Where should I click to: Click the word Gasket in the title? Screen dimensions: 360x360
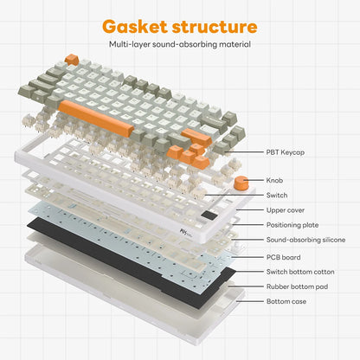pyautogui.click(x=135, y=27)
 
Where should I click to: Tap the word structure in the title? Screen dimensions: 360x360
pyautogui.click(x=215, y=27)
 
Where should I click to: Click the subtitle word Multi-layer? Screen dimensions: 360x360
pyautogui.click(x=129, y=44)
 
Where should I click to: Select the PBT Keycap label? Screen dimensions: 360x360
pyautogui.click(x=286, y=152)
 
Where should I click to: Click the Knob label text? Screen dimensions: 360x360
pyautogui.click(x=274, y=180)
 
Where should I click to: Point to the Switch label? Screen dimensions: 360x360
pyautogui.click(x=277, y=196)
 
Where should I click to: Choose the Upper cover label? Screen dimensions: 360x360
pyautogui.click(x=286, y=210)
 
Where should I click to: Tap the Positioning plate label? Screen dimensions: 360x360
pyautogui.click(x=292, y=225)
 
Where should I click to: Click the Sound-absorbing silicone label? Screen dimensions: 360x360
pyautogui.click(x=305, y=240)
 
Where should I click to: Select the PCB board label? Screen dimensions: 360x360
pyautogui.click(x=283, y=257)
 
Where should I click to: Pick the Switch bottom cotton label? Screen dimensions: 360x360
pyautogui.click(x=300, y=272)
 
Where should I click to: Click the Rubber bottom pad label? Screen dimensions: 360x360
pyautogui.click(x=297, y=286)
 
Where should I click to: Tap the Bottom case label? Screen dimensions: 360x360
pyautogui.click(x=286, y=301)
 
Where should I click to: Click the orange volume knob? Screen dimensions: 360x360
pyautogui.click(x=241, y=183)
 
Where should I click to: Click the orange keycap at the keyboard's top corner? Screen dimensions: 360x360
pyautogui.click(x=72, y=59)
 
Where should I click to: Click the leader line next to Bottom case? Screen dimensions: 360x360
pyautogui.click(x=249, y=301)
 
